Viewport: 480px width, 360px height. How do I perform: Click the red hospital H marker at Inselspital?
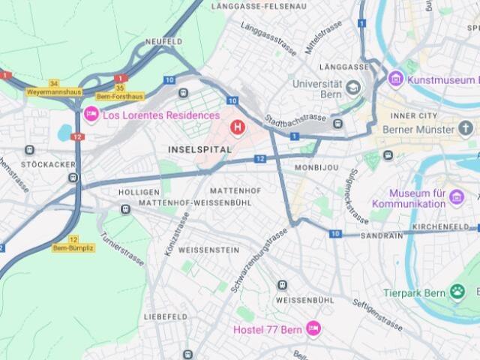coord(238,128)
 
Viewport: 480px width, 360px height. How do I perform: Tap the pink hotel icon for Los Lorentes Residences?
coord(91,115)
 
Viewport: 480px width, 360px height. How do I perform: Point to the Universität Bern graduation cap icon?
coord(352,89)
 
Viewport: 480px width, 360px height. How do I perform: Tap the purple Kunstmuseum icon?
coord(395,79)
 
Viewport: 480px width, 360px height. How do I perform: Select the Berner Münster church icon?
coord(466,129)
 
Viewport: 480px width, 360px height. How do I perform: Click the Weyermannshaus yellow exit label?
coord(52,92)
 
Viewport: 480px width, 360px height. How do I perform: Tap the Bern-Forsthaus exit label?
coord(120,97)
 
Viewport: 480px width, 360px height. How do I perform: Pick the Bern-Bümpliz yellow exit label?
coord(73,247)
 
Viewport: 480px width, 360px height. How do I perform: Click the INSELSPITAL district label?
coord(199,150)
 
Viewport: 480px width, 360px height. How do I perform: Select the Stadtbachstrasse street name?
coord(295,120)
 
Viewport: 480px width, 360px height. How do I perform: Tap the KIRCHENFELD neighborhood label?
coord(445,226)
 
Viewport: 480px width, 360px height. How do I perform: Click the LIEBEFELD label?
coord(166,317)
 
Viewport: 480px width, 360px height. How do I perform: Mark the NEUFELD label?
coord(163,41)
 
